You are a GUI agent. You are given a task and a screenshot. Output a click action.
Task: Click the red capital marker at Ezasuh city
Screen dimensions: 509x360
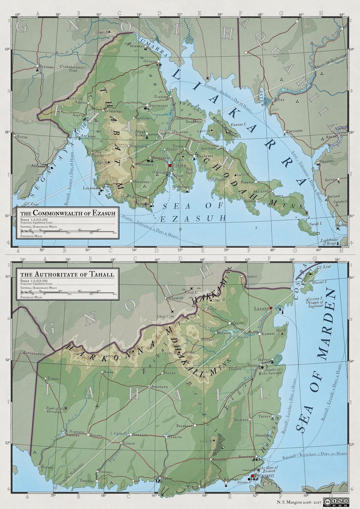[170, 166]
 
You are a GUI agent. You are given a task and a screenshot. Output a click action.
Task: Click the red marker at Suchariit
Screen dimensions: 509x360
[252, 476]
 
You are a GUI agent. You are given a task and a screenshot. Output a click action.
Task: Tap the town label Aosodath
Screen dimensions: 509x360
[158, 386]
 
